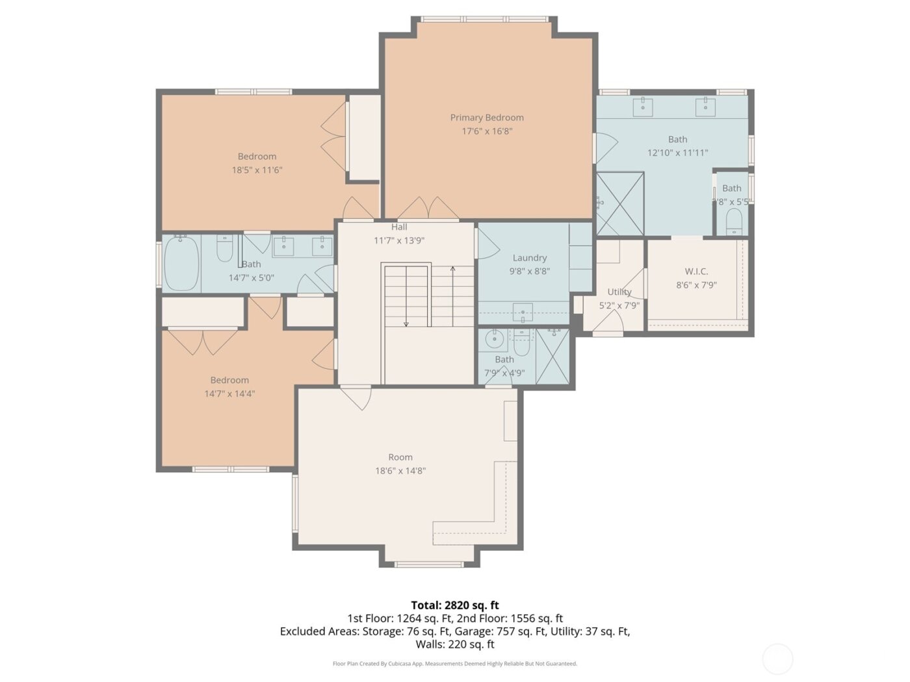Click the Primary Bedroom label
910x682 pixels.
click(487, 118)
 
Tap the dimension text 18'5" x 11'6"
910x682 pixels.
click(257, 170)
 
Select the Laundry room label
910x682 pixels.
click(529, 258)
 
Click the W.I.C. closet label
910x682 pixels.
click(696, 272)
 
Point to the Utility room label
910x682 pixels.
click(619, 292)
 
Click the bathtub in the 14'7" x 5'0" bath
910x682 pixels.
click(181, 263)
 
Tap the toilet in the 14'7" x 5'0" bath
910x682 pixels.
click(225, 249)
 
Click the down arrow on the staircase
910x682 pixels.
click(406, 323)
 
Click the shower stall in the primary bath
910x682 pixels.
click(620, 204)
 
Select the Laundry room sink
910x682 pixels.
click(523, 313)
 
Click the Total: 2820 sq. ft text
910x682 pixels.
click(454, 605)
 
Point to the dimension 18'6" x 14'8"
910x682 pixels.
click(400, 471)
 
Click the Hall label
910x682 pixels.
click(399, 227)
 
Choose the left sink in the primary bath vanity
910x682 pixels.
click(643, 107)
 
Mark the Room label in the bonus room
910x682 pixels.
click(400, 457)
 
